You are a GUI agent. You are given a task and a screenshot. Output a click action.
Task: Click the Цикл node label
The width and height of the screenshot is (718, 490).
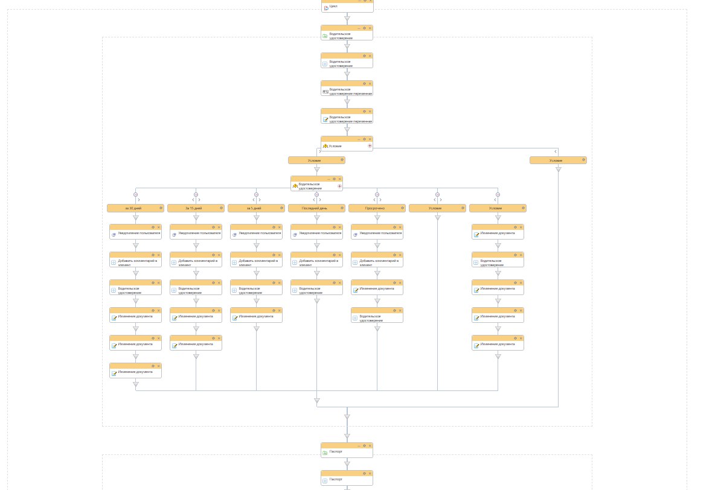(x=333, y=6)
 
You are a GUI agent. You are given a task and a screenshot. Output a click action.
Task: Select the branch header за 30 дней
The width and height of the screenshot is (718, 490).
(x=133, y=208)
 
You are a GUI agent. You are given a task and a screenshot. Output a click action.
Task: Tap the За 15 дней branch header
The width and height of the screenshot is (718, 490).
(x=194, y=208)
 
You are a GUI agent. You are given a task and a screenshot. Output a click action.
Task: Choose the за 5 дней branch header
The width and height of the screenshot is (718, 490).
(x=254, y=208)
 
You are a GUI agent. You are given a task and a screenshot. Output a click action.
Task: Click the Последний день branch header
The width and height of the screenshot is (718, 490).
(x=315, y=208)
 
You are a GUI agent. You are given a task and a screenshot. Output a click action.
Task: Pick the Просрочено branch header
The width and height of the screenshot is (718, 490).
(x=375, y=208)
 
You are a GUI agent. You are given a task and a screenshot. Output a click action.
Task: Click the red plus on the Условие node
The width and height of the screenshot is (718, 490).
(x=370, y=145)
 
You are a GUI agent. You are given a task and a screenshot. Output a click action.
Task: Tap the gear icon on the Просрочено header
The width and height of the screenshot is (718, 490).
(x=403, y=208)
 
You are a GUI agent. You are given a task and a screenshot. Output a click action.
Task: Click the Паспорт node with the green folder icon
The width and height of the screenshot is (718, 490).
(x=336, y=451)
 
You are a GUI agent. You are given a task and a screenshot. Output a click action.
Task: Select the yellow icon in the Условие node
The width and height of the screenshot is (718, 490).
(x=325, y=146)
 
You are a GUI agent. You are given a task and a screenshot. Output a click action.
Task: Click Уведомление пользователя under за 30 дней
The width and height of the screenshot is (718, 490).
(x=139, y=233)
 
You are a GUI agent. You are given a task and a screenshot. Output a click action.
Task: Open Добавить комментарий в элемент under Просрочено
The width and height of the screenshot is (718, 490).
(x=379, y=262)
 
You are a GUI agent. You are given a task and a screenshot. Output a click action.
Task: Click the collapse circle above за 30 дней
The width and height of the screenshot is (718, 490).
(x=136, y=194)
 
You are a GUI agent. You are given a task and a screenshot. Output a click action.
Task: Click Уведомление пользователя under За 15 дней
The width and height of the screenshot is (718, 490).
(x=199, y=233)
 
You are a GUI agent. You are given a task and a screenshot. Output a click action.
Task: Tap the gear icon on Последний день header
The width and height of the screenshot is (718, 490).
(x=342, y=208)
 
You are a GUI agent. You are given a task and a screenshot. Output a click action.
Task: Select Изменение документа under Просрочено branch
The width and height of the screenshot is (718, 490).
(x=377, y=288)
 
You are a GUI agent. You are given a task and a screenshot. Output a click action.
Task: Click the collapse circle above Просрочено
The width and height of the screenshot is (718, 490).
(x=377, y=194)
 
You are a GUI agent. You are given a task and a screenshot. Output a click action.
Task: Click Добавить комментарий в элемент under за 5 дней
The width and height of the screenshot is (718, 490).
(x=258, y=262)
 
